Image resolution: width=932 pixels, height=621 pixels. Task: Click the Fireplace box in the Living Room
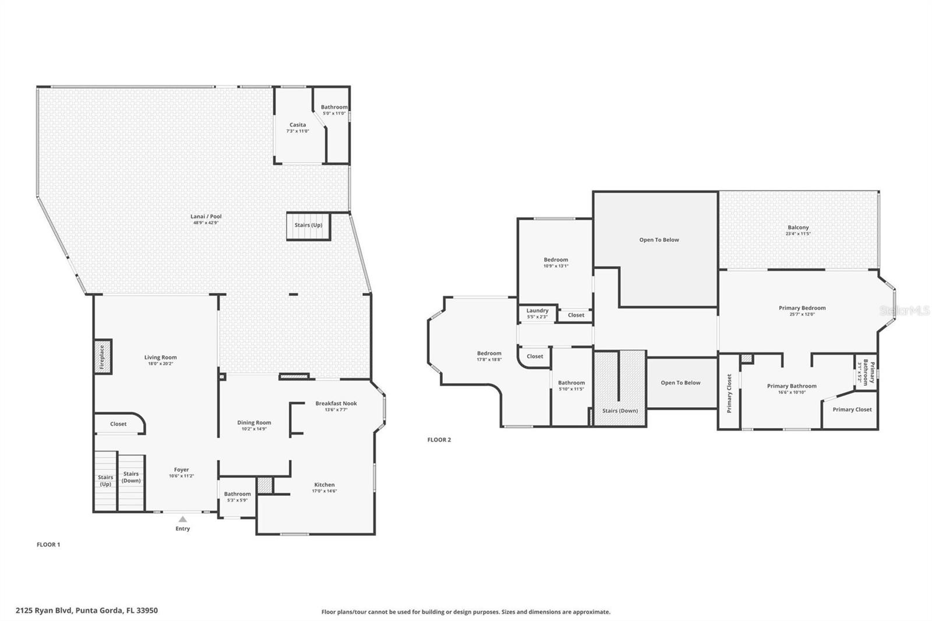pos(103,357)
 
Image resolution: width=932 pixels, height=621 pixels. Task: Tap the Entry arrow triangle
pos(182,519)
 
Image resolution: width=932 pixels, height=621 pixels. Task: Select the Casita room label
pos(298,125)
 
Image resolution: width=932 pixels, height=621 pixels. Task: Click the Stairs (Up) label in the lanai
pos(308,225)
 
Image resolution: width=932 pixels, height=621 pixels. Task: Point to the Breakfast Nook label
pos(336,403)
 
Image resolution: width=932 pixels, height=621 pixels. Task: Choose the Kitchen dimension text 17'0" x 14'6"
pos(324,491)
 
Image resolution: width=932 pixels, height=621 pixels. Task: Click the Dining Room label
pos(254,422)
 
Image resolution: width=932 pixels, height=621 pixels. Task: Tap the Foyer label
pos(181,470)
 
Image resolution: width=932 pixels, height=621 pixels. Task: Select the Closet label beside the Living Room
pos(118,424)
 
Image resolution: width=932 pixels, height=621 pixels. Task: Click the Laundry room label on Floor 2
pos(537,310)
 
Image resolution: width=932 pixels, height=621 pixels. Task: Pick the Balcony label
pos(798,227)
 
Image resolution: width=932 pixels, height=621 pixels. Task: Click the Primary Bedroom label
pos(802,308)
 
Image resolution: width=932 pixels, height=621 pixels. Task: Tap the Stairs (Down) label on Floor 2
pos(620,411)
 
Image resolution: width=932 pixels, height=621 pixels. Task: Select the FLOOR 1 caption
pos(48,545)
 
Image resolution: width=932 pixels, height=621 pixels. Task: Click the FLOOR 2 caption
pos(439,440)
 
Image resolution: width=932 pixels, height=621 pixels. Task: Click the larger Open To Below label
pos(659,239)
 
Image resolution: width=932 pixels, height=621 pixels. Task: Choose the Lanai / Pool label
pos(207,216)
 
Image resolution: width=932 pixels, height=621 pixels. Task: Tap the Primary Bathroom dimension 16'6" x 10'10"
pos(792,392)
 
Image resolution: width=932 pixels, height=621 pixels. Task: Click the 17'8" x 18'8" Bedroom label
pos(489,353)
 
